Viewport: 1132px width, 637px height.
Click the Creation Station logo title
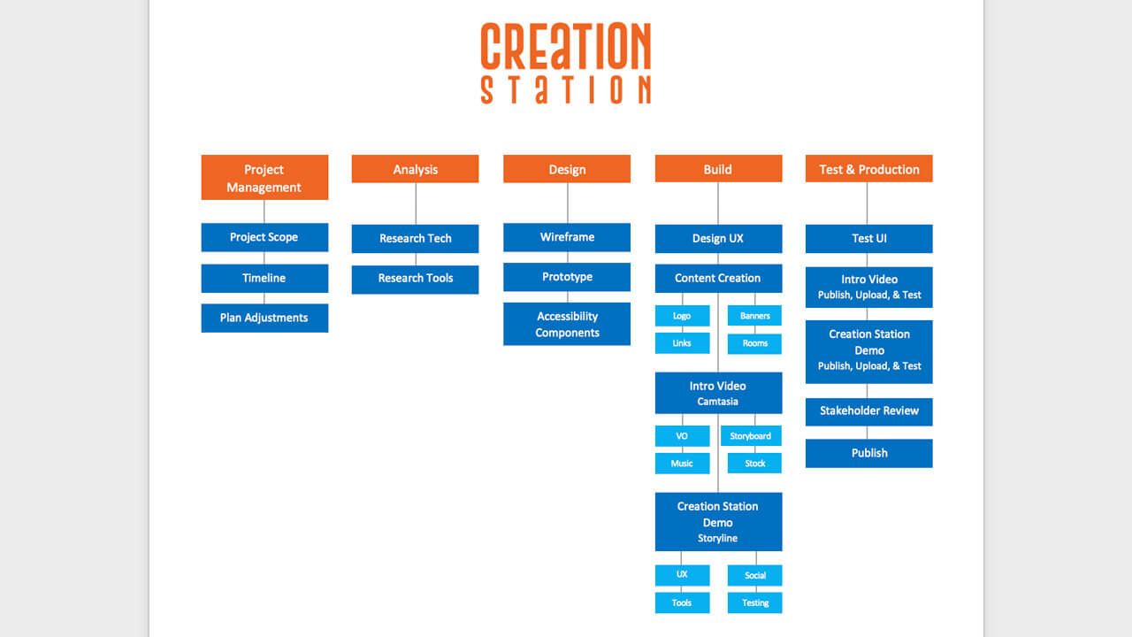(x=566, y=64)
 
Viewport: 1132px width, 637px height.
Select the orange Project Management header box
(x=264, y=178)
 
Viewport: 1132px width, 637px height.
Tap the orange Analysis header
(x=415, y=169)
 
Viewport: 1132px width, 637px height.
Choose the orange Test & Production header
(x=868, y=169)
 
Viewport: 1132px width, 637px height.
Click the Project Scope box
(x=264, y=237)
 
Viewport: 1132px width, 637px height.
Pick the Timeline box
(x=264, y=278)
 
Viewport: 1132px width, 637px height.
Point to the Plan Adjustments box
(x=264, y=318)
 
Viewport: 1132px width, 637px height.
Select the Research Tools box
(x=415, y=279)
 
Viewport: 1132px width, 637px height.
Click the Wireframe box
(x=567, y=237)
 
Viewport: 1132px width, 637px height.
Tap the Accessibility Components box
(x=567, y=324)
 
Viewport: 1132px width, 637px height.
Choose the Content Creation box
(x=718, y=278)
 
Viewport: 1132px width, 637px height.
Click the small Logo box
(x=682, y=316)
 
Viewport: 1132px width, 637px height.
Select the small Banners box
(x=754, y=316)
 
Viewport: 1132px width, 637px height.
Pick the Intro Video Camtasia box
(x=718, y=393)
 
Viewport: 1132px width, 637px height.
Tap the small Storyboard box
(x=750, y=436)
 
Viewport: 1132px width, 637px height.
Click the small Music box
(x=682, y=464)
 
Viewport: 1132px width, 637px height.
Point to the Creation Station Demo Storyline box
(x=718, y=521)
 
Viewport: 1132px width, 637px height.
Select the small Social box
(x=754, y=575)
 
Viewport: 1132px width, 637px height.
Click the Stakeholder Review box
(x=868, y=411)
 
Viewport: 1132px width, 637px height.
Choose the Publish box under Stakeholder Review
(x=868, y=453)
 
